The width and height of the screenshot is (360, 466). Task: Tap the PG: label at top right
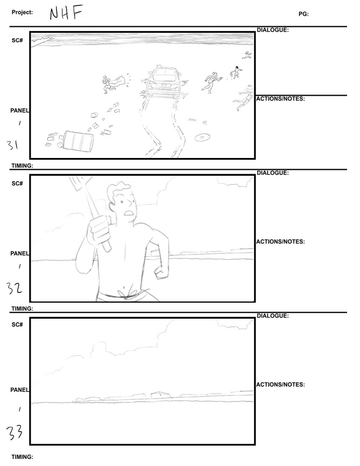click(x=304, y=13)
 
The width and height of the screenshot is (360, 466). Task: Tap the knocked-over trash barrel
click(x=78, y=141)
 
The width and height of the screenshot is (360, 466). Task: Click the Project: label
click(x=22, y=12)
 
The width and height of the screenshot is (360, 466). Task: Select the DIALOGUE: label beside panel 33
click(x=273, y=316)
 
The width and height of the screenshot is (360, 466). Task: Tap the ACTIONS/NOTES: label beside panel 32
click(x=280, y=242)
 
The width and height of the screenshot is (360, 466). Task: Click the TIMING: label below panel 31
click(x=22, y=166)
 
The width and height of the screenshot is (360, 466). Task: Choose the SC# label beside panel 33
click(x=17, y=325)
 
